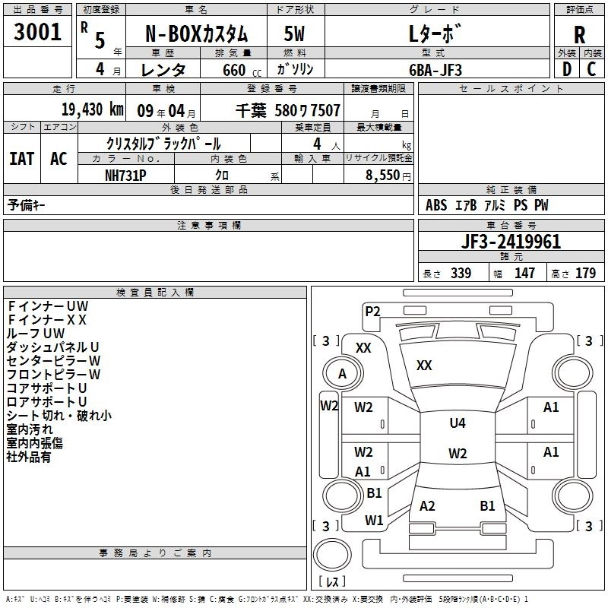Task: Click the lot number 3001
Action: (x=37, y=33)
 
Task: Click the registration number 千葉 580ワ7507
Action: (x=287, y=110)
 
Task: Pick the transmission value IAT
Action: (x=21, y=159)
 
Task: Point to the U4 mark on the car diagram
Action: (x=457, y=423)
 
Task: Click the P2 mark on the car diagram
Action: (x=372, y=310)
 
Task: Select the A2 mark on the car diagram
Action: (x=427, y=506)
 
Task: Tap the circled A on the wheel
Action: (x=342, y=374)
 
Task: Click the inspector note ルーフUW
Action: (x=36, y=333)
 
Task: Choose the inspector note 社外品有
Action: (x=29, y=457)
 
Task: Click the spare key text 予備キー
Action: (x=27, y=205)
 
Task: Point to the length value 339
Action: (x=460, y=274)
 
